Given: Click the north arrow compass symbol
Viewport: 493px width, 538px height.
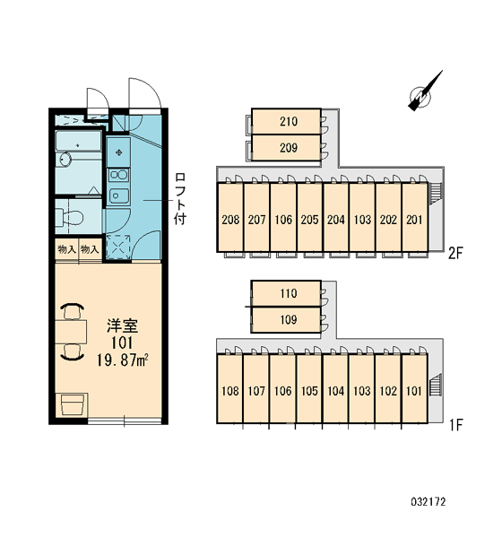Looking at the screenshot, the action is pyautogui.click(x=423, y=93).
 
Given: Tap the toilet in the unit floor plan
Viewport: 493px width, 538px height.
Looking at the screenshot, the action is pyautogui.click(x=70, y=217).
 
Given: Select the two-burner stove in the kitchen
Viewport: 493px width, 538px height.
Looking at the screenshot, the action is pyautogui.click(x=118, y=175).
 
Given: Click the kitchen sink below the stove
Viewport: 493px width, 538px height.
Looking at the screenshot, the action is pyautogui.click(x=118, y=196).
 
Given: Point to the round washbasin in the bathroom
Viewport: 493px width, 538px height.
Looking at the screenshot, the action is pyautogui.click(x=65, y=159).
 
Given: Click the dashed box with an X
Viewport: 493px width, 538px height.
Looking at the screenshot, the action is pyautogui.click(x=118, y=247).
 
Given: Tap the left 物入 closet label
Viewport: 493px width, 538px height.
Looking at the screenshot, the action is pyautogui.click(x=66, y=249).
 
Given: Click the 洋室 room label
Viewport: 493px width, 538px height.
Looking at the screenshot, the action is pyautogui.click(x=122, y=325).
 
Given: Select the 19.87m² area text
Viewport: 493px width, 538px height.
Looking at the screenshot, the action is pyautogui.click(x=123, y=360).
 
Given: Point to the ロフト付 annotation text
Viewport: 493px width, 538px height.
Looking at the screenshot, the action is pyautogui.click(x=180, y=199).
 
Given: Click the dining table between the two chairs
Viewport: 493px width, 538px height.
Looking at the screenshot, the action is pyautogui.click(x=71, y=332).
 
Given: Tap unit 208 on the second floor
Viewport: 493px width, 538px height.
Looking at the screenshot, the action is pyautogui.click(x=230, y=218).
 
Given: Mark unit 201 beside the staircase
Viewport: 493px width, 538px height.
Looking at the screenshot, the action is pyautogui.click(x=414, y=218).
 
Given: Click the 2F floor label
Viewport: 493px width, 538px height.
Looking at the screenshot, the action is pyautogui.click(x=456, y=254).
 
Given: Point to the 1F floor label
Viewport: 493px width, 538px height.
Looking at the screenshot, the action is pyautogui.click(x=456, y=426).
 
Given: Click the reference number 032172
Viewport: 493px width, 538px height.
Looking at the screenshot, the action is pyautogui.click(x=428, y=502).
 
